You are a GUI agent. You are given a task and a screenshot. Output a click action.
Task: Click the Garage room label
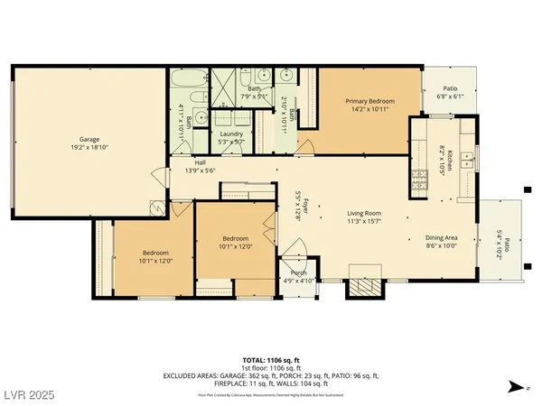point(89,139)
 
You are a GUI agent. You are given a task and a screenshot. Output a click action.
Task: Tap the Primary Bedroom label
point(369,102)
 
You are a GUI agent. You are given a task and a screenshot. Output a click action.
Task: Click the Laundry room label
point(230,134)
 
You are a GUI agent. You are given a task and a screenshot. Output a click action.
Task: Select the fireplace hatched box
point(365,287)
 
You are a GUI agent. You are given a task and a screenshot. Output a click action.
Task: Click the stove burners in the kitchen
point(418,180)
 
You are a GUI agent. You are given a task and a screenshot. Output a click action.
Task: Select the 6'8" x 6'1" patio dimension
point(450,96)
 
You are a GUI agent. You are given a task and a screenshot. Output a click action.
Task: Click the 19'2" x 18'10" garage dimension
point(89,147)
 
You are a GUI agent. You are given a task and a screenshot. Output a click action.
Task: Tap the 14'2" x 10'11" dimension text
point(369,110)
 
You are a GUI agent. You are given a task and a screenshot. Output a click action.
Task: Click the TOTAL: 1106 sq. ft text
point(271,359)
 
